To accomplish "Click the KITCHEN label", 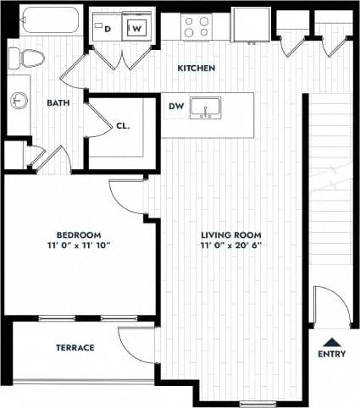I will pos(196,68).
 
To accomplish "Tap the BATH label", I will pos(58,102).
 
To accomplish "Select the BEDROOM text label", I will pos(79,234).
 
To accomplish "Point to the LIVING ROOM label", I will pos(230,234).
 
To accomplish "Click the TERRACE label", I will pos(75,348).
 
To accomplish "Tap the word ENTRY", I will pos(331,355).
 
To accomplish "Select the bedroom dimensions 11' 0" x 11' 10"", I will pos(79,245).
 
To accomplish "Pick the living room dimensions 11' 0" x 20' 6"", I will pos(230,245).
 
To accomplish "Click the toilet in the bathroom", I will pos(27,59).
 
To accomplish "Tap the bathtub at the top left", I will pos(51,20).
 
